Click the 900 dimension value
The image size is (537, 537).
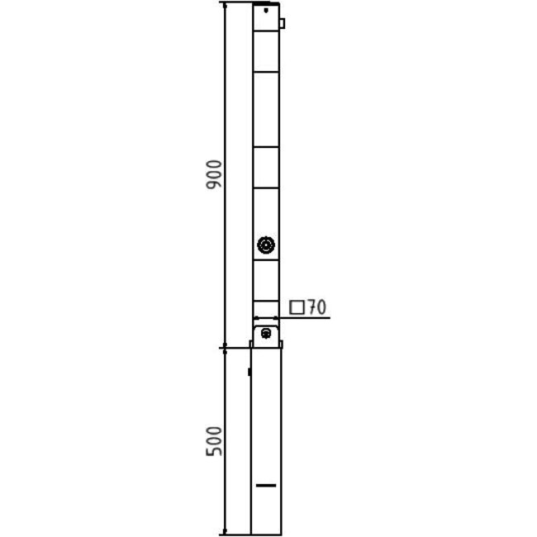click(213, 174)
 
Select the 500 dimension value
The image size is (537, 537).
click(213, 442)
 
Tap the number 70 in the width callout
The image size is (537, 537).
click(316, 308)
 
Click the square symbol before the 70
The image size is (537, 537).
click(297, 308)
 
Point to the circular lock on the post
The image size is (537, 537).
click(266, 245)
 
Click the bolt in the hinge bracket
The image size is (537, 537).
click(266, 333)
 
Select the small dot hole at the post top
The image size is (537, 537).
click(266, 11)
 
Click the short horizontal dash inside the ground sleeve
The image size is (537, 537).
click(266, 485)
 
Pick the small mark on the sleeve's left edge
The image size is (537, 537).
click(250, 373)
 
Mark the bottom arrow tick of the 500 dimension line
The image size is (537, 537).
click(224, 534)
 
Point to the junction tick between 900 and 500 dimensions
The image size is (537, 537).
click(224, 348)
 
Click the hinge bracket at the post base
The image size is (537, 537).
click(266, 335)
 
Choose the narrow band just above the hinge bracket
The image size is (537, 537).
click(266, 311)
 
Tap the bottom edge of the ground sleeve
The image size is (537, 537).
click(266, 534)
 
